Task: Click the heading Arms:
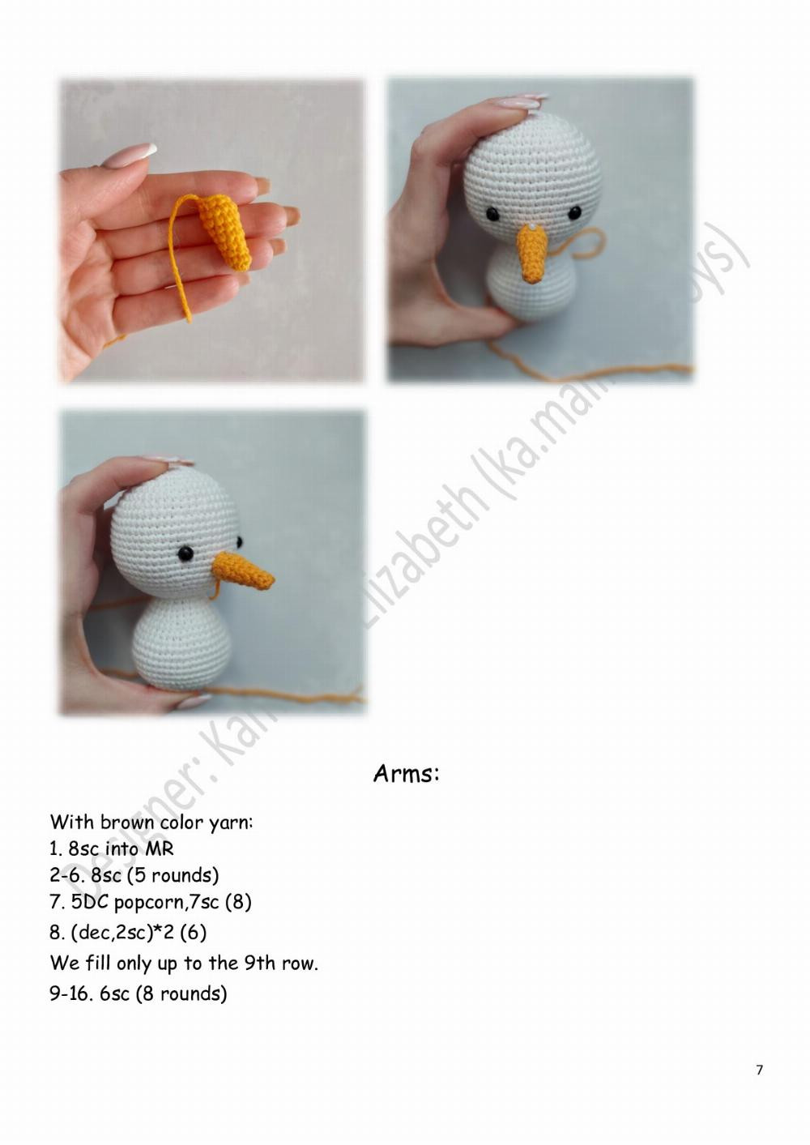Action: pyautogui.click(x=406, y=774)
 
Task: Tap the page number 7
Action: pyautogui.click(x=759, y=1070)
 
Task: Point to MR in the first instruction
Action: pyautogui.click(x=160, y=849)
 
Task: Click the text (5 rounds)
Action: pyautogui.click(x=173, y=876)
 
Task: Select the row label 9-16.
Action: pyautogui.click(x=70, y=993)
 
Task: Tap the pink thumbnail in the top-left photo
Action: pyautogui.click(x=130, y=155)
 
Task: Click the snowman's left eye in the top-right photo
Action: pyautogui.click(x=492, y=214)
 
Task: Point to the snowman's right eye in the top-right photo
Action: pyautogui.click(x=574, y=212)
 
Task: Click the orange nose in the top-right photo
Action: pyautogui.click(x=531, y=254)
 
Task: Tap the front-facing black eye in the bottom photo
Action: pyautogui.click(x=185, y=553)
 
